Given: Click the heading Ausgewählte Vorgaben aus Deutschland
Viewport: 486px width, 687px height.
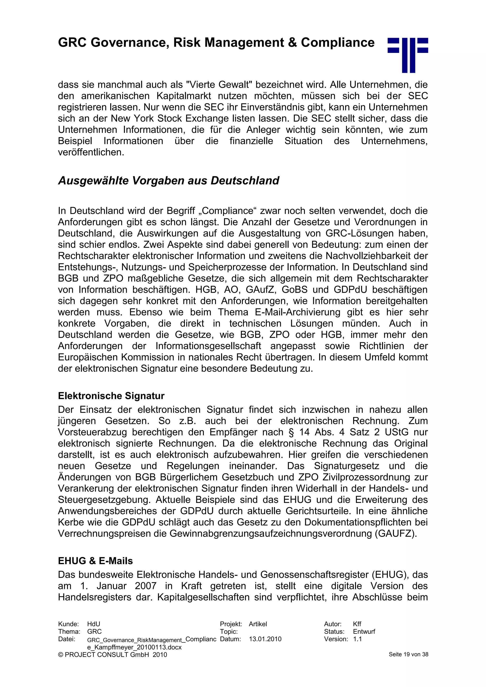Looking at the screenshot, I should pos(168,181).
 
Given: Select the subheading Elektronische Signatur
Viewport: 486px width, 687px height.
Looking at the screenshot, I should pos(111,396).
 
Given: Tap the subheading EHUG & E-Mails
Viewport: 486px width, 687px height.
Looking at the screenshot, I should pos(95,561).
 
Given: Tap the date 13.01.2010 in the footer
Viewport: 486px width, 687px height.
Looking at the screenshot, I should pos(265,639).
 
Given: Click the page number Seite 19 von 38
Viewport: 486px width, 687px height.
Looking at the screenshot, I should pos(408,655).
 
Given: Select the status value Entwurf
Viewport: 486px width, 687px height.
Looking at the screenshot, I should pos(364,632).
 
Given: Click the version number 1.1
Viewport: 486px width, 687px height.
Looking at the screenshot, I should pos(357,639).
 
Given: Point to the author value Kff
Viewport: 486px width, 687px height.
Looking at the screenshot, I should pos(357,624).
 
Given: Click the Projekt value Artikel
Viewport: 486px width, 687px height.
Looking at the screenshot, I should pos(258,624).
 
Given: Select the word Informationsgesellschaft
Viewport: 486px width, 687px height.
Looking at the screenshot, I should pos(208,346).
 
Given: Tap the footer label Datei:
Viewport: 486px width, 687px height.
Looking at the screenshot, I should pos(66,639).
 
